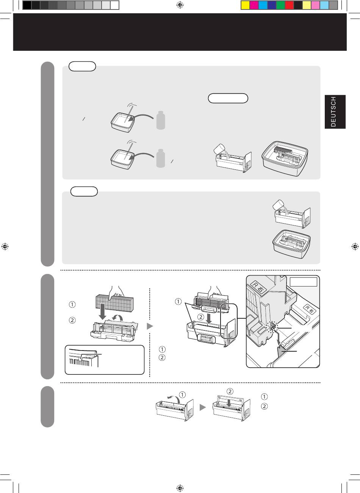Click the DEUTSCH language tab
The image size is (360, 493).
point(335,112)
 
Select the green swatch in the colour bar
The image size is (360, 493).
point(280,5)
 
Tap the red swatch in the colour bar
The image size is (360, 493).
point(289,5)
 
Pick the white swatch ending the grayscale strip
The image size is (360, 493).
point(114,5)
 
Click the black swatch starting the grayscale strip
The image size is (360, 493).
point(27,5)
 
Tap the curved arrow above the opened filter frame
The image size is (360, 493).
point(118,318)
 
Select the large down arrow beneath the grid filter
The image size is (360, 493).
point(103,311)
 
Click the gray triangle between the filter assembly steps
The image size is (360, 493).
point(150,326)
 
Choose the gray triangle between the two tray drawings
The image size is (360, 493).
point(203,407)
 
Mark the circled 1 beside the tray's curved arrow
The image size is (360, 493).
point(182,394)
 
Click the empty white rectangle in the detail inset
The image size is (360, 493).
point(303,282)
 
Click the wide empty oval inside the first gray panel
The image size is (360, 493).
point(228,98)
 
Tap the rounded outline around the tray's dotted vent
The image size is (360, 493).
point(207,338)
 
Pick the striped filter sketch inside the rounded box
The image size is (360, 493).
point(84,358)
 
